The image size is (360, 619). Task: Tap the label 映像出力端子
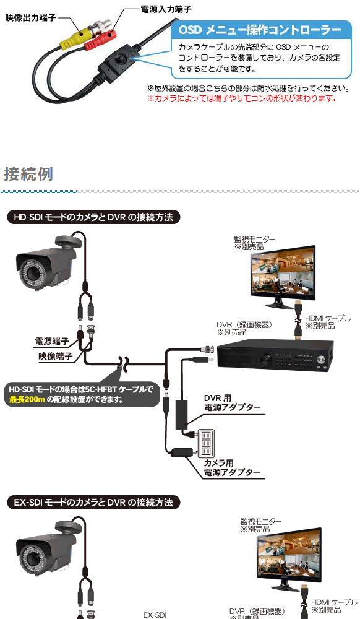30,18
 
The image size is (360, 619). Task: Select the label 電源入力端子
166,9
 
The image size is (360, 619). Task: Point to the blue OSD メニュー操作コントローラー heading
260,30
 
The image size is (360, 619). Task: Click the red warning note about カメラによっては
242,98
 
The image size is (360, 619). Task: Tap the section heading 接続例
28,174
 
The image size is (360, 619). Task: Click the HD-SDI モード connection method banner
93,217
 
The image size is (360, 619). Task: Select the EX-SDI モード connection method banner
93,503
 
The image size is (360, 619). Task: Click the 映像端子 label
56,356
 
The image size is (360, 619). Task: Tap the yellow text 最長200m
27,399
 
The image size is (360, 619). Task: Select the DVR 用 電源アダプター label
232,403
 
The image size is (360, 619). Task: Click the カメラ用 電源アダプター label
232,468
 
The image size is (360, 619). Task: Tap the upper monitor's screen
283,271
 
